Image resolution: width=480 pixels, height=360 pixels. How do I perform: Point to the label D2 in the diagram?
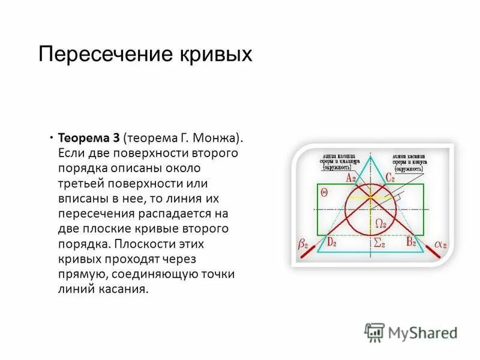[332, 242]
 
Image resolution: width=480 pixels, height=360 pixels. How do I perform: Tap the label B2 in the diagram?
[411, 242]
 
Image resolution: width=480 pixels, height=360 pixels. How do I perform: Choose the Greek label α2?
[440, 244]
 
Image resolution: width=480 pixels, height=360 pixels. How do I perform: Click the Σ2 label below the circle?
[379, 243]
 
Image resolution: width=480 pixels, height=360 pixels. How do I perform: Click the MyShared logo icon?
[374, 332]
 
